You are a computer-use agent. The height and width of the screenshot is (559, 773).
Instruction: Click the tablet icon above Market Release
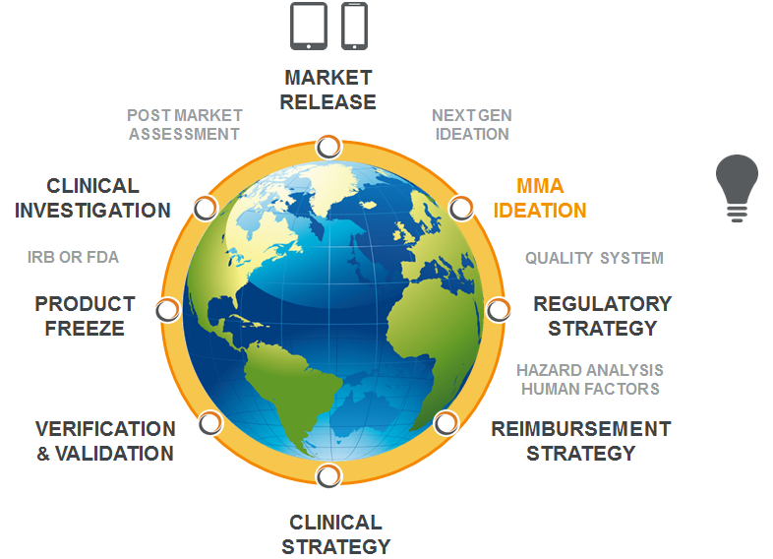pyautogui.click(x=309, y=27)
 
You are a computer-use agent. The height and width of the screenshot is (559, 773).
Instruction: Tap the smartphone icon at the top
pyautogui.click(x=354, y=27)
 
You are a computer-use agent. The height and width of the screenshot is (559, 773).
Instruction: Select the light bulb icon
pyautogui.click(x=737, y=189)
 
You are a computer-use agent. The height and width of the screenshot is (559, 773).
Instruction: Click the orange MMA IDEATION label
pyautogui.click(x=540, y=199)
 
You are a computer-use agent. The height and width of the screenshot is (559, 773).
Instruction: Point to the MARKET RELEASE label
pyautogui.click(x=327, y=90)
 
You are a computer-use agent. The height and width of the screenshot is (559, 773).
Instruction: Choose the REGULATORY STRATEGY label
pyautogui.click(x=603, y=316)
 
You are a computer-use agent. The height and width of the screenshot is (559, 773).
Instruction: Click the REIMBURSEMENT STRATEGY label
pyautogui.click(x=581, y=441)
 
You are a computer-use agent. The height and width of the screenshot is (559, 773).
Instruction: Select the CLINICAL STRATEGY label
pyautogui.click(x=335, y=534)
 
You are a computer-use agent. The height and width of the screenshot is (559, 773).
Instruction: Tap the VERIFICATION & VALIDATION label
pyautogui.click(x=105, y=441)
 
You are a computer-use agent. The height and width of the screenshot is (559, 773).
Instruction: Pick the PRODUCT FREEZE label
pyautogui.click(x=85, y=316)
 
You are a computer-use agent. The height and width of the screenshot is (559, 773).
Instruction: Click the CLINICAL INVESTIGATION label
pyautogui.click(x=92, y=199)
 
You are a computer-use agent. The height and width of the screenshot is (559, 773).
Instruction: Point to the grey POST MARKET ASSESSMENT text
pyautogui.click(x=184, y=125)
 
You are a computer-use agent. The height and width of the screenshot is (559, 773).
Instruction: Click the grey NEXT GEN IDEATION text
pyautogui.click(x=472, y=125)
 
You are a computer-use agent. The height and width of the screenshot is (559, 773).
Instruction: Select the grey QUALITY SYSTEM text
pyautogui.click(x=594, y=258)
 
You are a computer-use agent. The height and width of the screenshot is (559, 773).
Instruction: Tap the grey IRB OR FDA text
pyautogui.click(x=73, y=257)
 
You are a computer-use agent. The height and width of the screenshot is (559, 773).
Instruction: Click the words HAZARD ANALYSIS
pyautogui.click(x=590, y=370)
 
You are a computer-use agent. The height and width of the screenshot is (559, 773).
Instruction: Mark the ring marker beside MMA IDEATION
pyautogui.click(x=461, y=208)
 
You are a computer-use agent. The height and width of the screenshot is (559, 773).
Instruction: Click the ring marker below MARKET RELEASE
pyautogui.click(x=328, y=147)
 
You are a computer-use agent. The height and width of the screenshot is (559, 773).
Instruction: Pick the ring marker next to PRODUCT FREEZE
pyautogui.click(x=168, y=310)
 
